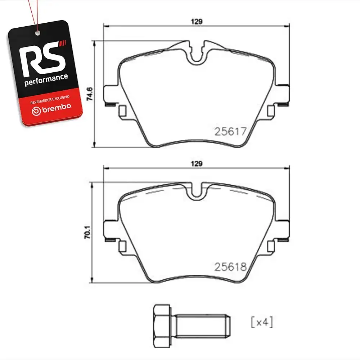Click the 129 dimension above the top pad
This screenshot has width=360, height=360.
[197, 22]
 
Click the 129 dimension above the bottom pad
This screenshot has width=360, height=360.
[197, 164]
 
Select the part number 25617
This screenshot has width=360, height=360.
[230, 131]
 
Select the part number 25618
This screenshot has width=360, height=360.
[230, 267]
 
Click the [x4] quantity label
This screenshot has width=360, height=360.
[262, 322]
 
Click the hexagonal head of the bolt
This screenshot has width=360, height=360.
[162, 326]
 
